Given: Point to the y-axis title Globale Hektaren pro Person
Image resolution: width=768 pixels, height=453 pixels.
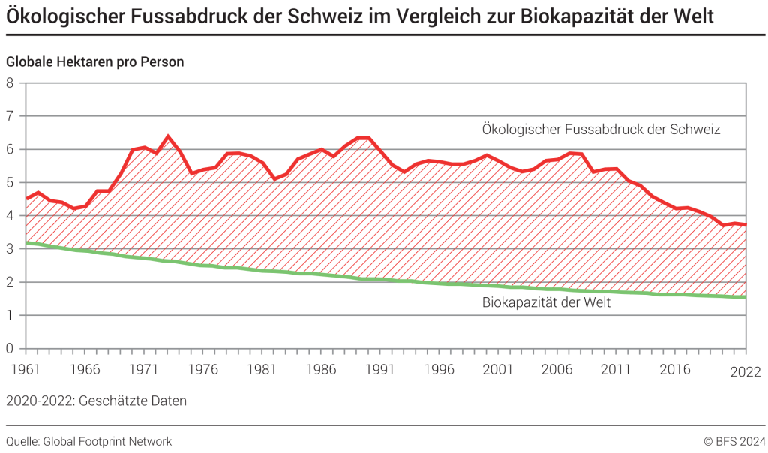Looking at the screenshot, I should (95, 62).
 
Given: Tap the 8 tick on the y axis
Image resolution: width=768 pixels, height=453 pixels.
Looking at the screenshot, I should (10, 82).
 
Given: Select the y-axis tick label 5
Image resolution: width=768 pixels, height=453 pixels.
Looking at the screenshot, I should (10, 182).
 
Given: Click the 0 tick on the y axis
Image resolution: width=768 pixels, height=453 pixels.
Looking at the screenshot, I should (10, 348).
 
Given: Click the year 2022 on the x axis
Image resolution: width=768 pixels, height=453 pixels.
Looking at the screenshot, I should (745, 373).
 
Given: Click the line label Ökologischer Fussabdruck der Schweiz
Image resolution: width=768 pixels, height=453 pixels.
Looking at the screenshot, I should (601, 130).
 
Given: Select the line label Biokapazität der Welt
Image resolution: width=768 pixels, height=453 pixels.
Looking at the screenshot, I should (546, 303).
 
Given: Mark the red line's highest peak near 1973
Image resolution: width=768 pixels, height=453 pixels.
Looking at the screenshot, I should (168, 136).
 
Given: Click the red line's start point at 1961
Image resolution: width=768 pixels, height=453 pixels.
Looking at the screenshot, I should (26, 199).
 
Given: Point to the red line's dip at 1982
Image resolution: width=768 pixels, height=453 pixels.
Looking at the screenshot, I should (274, 179).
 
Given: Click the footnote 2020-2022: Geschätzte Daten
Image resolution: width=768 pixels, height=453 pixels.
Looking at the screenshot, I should (96, 400).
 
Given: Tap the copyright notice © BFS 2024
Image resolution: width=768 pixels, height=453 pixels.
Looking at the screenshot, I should (733, 441).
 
